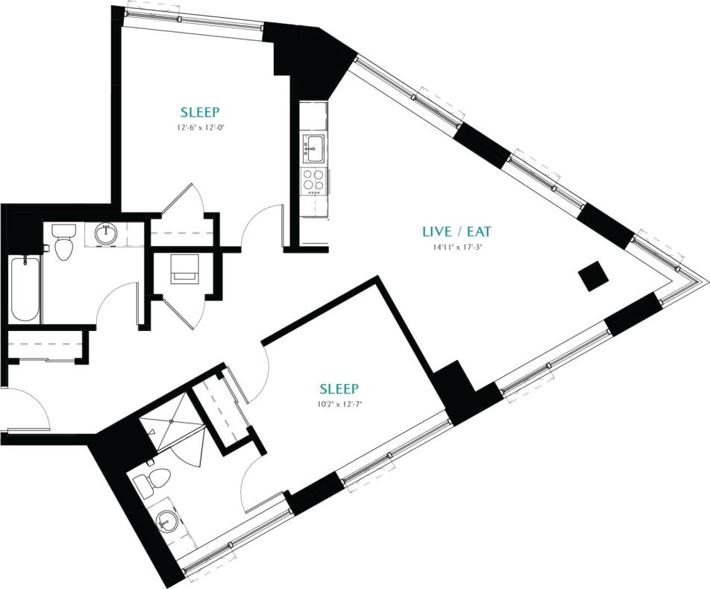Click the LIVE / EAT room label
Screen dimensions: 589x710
(457, 232)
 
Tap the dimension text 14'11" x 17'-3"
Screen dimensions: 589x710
(457, 248)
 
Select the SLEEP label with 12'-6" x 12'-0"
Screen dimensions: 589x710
(200, 113)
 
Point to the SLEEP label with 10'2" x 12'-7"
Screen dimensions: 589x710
(339, 389)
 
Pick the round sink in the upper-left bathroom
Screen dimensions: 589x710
(105, 234)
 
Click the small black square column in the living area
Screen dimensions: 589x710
(594, 277)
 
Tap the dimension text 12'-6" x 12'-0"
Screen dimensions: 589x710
(200, 128)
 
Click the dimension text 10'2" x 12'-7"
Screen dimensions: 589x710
(339, 405)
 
